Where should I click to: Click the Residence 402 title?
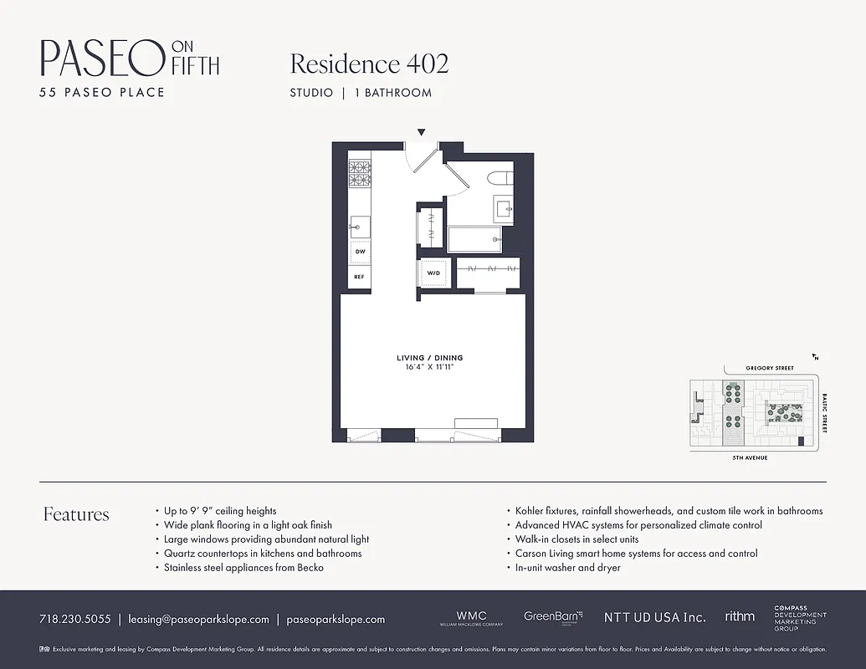tap(369, 64)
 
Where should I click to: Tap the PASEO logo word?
tap(101, 59)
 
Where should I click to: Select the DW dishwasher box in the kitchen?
tap(360, 251)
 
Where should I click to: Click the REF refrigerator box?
tap(360, 277)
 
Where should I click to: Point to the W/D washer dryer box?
tap(434, 273)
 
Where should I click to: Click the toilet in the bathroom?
tap(501, 179)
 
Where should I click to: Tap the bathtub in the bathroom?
tap(474, 239)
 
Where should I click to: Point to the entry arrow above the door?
tap(422, 132)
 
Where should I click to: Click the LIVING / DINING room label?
tap(429, 358)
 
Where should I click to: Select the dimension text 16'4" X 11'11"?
tap(429, 367)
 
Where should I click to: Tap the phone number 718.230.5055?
tap(74, 620)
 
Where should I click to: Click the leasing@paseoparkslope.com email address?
tap(198, 620)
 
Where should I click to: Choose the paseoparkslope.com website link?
tap(336, 620)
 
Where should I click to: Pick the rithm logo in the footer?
tap(740, 616)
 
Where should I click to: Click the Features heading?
tap(76, 514)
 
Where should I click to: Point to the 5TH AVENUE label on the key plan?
tap(751, 458)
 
